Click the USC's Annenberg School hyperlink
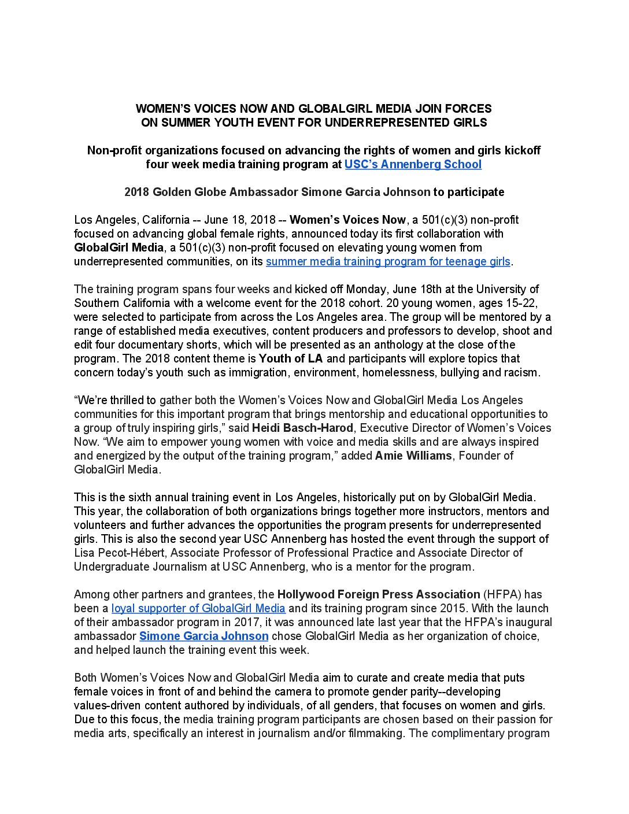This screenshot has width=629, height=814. pos(413,164)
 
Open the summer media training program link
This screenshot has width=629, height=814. pos(388,261)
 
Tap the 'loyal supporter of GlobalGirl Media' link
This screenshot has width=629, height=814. pos(198,608)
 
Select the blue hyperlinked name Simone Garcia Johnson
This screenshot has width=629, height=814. pos(203,636)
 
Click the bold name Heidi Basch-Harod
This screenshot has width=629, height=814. pos(302,428)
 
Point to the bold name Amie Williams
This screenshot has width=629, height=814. pos(413,456)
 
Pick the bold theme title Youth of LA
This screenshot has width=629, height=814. pos(291,358)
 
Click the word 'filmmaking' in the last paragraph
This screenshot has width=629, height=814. pos(375,733)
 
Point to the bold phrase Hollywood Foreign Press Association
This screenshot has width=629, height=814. pos(379,594)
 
